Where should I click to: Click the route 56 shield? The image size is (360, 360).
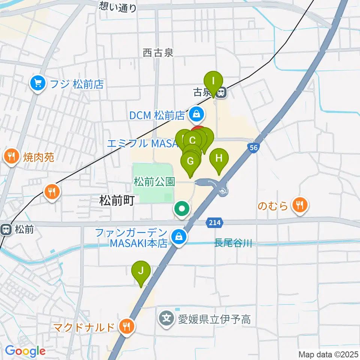pos(254,148)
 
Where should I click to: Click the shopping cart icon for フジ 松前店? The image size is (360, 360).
pos(37,84)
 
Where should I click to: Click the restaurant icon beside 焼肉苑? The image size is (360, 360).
pos(12,156)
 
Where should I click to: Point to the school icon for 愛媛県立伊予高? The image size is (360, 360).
pos(166,319)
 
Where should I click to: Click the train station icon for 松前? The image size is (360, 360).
pos(6,229)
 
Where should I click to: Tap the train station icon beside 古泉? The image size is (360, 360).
pos(221,92)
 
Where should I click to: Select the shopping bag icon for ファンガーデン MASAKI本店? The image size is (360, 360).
pos(179,237)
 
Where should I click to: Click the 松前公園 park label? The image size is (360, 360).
pos(154,182)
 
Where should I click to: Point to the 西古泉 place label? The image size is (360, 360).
pos(158,53)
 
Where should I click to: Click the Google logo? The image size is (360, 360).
pos(25,351)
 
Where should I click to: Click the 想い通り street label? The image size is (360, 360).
pos(118,6)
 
